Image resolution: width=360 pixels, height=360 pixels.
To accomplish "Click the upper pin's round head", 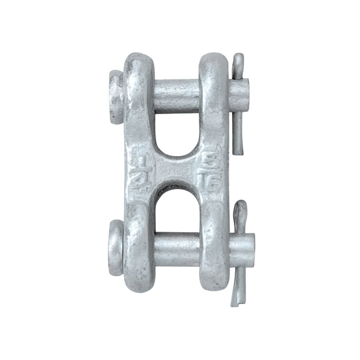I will point(116,96).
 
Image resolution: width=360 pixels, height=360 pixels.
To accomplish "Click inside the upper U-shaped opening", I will point(176,133).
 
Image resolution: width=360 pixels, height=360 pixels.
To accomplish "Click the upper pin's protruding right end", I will point(239,95).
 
